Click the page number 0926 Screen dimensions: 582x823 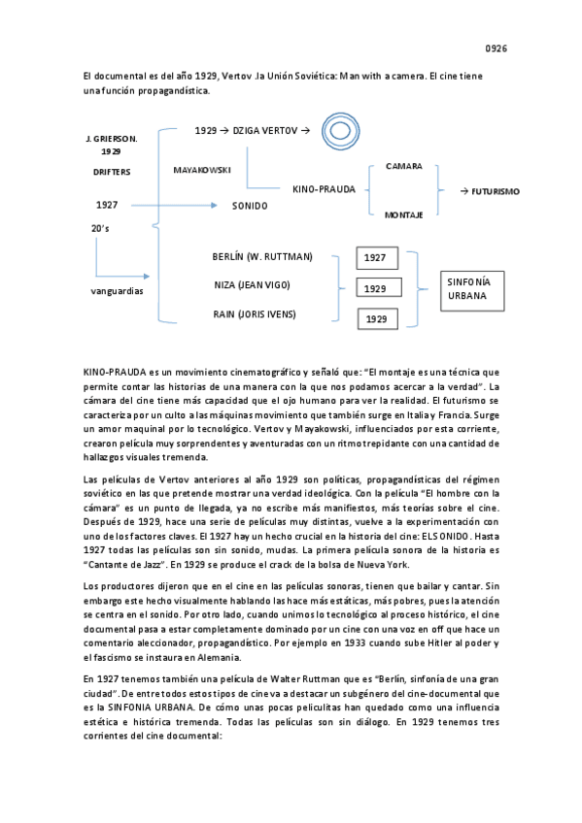(x=496, y=48)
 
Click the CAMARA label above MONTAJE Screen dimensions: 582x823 (x=403, y=166)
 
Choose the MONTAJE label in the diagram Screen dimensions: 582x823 (x=403, y=214)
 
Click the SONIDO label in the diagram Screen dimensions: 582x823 (x=250, y=206)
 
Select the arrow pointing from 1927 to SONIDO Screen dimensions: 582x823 (x=175, y=205)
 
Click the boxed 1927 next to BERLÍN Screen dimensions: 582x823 (x=375, y=258)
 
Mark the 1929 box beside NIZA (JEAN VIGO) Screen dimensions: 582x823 (x=375, y=289)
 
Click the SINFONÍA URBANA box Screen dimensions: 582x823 (x=471, y=288)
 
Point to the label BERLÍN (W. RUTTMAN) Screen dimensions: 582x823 (x=262, y=256)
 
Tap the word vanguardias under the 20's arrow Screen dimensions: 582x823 (x=104, y=289)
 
